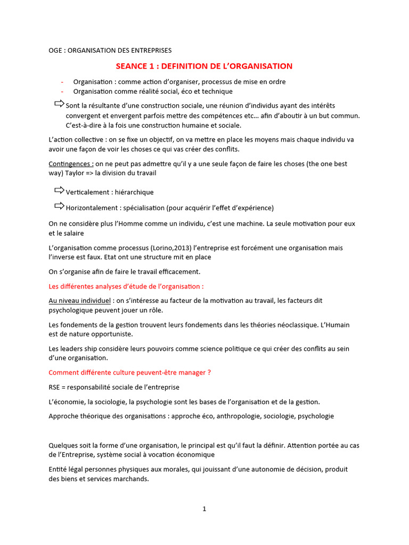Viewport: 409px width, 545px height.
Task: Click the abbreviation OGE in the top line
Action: [x=55, y=51]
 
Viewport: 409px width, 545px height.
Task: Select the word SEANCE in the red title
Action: [x=135, y=66]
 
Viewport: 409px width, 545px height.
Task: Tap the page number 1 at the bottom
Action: [x=204, y=509]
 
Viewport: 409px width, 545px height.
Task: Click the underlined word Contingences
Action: [x=71, y=164]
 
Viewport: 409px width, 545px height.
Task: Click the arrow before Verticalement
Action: [x=59, y=191]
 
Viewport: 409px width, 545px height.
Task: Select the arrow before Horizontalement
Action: [x=59, y=206]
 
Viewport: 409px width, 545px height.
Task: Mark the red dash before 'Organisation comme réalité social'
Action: [x=62, y=92]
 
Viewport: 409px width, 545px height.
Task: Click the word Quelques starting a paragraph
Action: [x=63, y=445]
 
